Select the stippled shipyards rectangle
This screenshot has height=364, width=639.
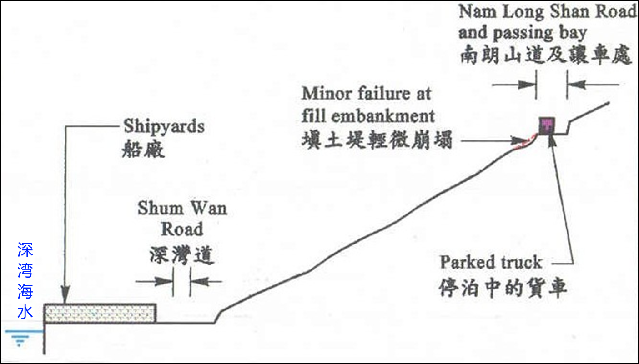[x=100, y=313]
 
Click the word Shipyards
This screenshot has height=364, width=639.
[x=164, y=126]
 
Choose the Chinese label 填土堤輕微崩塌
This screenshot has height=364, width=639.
[x=377, y=140]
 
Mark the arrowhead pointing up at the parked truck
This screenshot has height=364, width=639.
[x=552, y=139]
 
